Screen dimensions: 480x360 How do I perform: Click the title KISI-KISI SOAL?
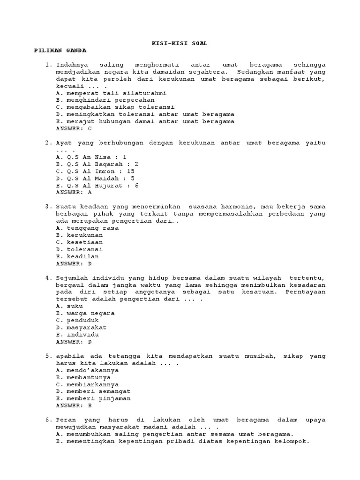180,43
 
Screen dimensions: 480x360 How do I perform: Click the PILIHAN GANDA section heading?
60,50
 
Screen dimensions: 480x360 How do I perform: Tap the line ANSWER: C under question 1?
74,128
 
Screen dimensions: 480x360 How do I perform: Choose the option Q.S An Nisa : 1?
91,157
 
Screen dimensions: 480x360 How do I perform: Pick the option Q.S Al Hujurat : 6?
97,185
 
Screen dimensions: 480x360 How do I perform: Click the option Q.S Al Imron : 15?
95,171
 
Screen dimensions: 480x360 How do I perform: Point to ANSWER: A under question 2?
74,192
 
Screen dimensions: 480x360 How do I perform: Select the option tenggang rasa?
87,228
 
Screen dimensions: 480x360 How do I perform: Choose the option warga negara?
85,313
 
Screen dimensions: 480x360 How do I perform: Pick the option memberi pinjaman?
93,398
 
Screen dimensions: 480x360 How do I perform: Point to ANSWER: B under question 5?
74,405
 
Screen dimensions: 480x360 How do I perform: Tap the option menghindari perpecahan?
105,100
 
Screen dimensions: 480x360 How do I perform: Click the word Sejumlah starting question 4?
71,277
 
